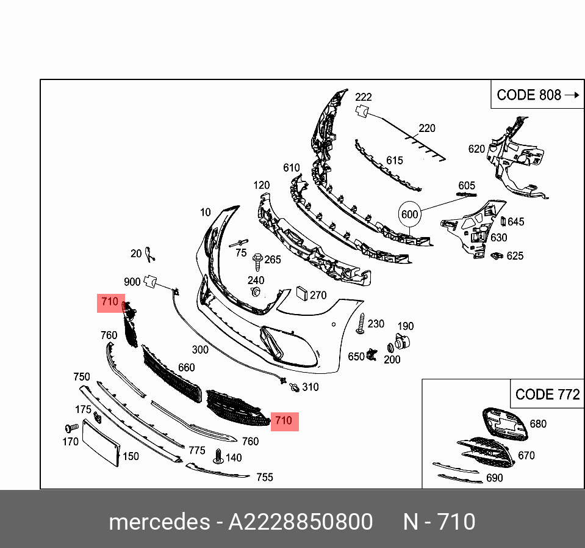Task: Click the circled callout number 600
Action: [x=410, y=214]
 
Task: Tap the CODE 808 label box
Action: [x=537, y=94]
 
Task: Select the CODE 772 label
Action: [x=547, y=394]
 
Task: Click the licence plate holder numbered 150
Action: [x=101, y=443]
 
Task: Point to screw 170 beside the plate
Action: [x=71, y=428]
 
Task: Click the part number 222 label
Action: [x=364, y=97]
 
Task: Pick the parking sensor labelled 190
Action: [x=402, y=342]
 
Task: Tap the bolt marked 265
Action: [x=258, y=261]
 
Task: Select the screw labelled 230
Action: [x=361, y=324]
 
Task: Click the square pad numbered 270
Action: [x=301, y=293]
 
